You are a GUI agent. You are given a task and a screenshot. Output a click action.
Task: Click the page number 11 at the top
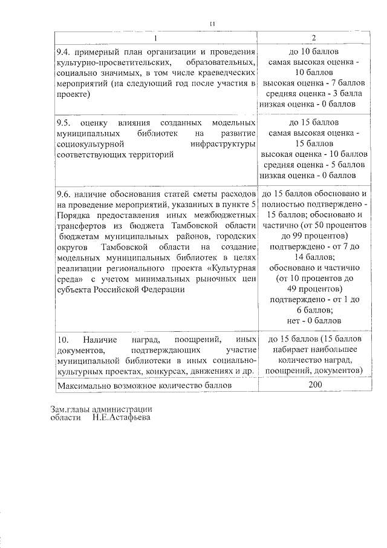211,24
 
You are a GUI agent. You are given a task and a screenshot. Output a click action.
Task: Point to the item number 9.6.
63,194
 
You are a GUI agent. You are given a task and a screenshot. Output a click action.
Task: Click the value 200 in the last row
313,384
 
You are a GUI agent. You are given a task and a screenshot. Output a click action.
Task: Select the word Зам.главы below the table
68,408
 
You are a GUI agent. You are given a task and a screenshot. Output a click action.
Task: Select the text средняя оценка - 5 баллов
313,165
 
